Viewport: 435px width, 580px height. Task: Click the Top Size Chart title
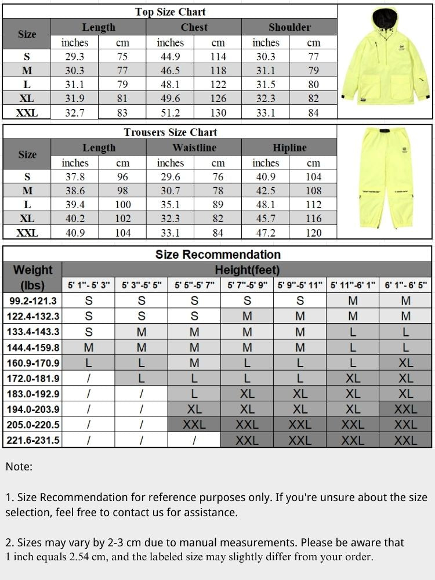pos(170,12)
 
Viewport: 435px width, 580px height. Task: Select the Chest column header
pos(194,27)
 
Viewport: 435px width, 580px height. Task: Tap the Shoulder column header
pos(289,27)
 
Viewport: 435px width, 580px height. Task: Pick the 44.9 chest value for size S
pos(170,57)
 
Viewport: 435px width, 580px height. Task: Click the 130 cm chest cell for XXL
pos(218,113)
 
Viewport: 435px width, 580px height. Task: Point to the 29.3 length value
pos(75,57)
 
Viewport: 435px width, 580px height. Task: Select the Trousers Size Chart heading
pos(170,132)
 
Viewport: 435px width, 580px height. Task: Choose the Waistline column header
pos(194,148)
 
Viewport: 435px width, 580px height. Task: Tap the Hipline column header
pos(289,148)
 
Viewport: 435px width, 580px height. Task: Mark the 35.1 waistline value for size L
pos(170,205)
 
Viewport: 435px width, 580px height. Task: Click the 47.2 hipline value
pos(266,233)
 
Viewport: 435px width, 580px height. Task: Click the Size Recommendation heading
pos(217,255)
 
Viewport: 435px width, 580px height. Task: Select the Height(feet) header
pos(247,270)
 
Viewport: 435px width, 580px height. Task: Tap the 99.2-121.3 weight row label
pos(32,301)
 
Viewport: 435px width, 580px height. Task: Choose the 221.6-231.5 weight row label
pos(32,440)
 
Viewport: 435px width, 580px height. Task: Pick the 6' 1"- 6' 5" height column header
pos(405,286)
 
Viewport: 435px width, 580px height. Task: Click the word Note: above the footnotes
pos(19,466)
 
